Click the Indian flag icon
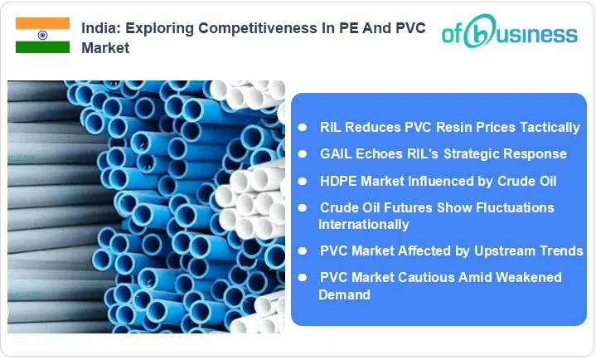pos(42,36)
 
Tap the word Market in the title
pos(105,48)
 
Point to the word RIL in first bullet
pos(332,127)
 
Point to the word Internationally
pos(363,224)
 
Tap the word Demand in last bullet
pos(344,294)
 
